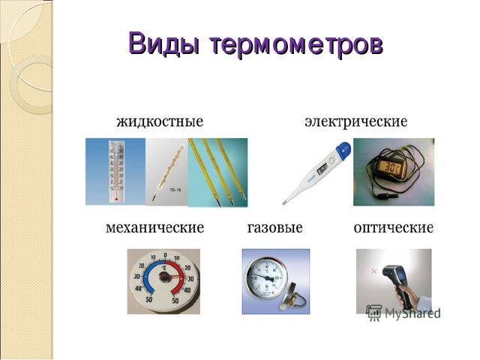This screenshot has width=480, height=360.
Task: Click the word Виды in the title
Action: tap(163, 43)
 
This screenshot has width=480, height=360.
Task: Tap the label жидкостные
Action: tap(160, 121)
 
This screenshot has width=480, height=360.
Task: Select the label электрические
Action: tap(356, 121)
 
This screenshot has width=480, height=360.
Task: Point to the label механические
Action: tap(155, 228)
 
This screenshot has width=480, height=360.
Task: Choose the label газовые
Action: tap(275, 228)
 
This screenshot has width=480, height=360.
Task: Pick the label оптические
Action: tap(394, 228)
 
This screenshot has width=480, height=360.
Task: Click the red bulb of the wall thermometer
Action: tap(116, 199)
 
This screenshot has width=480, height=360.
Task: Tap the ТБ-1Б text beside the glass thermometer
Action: tap(175, 190)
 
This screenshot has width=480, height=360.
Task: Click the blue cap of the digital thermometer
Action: tap(343, 150)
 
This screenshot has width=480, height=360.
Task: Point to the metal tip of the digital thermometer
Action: tap(284, 202)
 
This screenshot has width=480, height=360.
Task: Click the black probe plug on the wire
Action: tap(385, 195)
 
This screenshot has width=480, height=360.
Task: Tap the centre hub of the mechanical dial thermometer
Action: tap(164, 277)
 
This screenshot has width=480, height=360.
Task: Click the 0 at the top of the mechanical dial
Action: tap(165, 255)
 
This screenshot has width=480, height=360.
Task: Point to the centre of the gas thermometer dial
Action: tap(269, 278)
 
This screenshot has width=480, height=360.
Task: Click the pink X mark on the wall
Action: tap(373, 271)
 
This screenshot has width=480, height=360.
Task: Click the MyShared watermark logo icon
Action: tap(373, 313)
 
